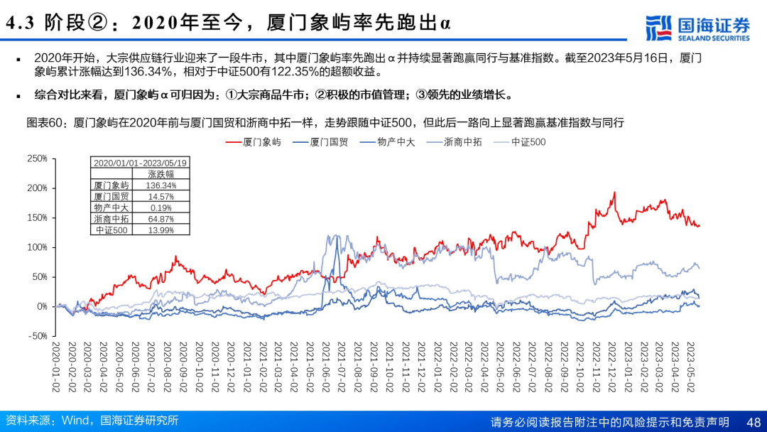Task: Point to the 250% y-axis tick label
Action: [x=37, y=158]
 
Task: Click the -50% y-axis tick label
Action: [x=37, y=336]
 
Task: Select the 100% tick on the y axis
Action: [x=37, y=247]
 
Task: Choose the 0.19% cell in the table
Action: [x=163, y=207]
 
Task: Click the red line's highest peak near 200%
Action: [x=614, y=193]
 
